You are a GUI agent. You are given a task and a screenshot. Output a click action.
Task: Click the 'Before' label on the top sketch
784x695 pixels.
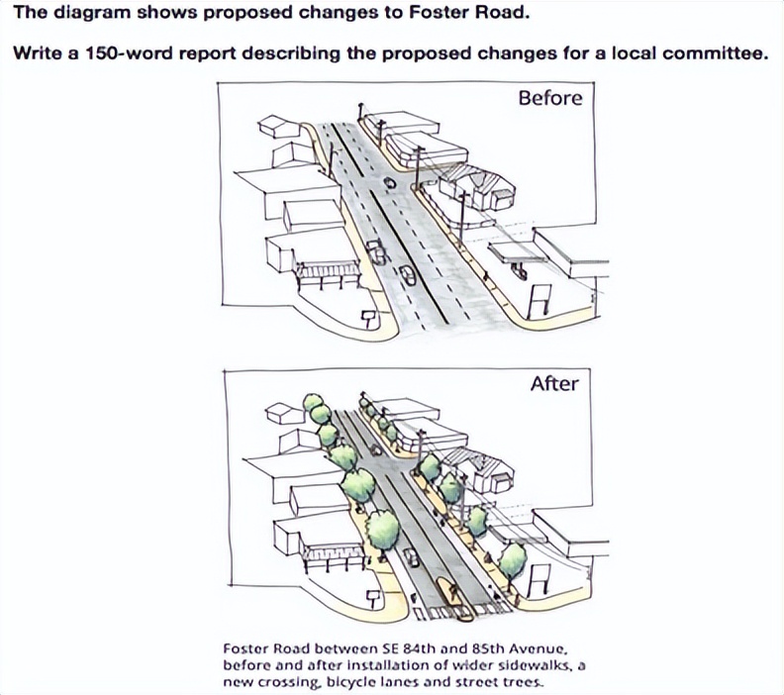550,98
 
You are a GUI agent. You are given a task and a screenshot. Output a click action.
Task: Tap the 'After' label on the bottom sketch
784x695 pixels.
554,384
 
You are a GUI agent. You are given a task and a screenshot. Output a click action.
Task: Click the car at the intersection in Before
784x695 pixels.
389,183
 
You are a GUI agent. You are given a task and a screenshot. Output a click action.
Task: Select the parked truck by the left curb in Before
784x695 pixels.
376,252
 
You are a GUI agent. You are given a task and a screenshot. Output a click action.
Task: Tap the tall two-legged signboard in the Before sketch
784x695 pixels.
539,301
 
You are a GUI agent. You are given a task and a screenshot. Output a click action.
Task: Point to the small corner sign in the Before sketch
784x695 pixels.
369,319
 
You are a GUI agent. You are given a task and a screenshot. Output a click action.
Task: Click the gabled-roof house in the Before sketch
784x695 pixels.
477,187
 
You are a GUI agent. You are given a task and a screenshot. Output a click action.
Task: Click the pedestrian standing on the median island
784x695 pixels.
453,593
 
